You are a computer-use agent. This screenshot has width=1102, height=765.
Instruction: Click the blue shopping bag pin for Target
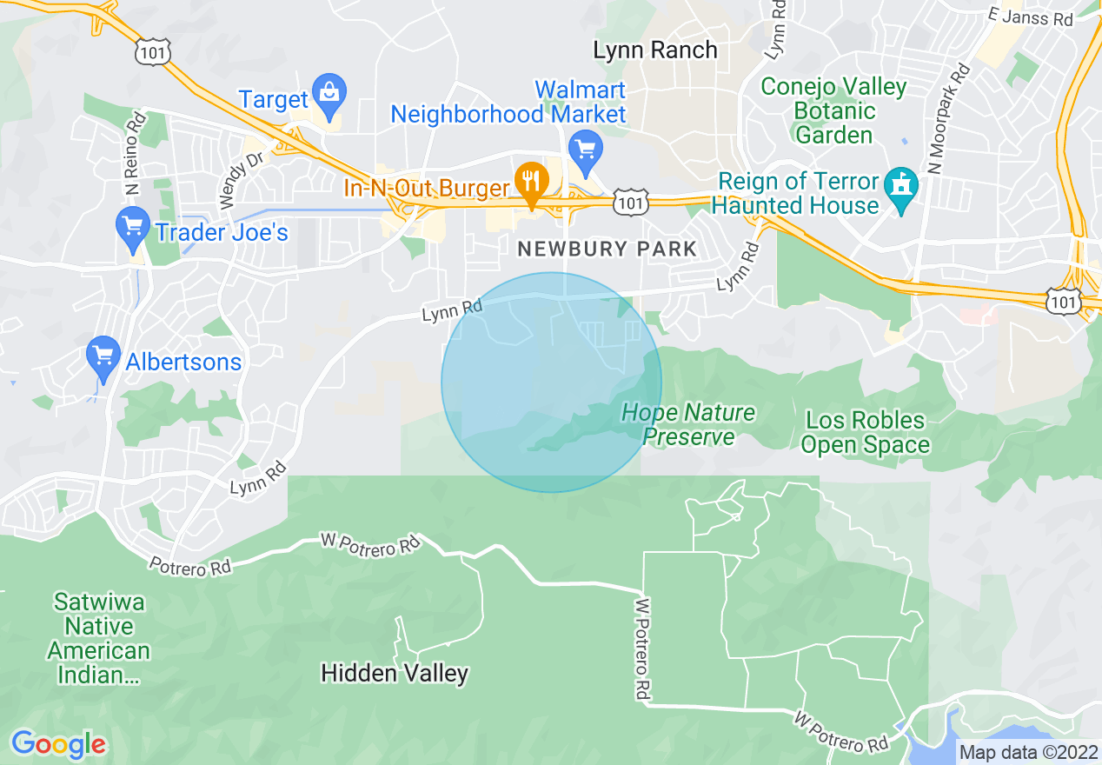tap(329, 96)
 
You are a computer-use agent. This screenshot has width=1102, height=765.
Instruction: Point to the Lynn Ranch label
tap(655, 50)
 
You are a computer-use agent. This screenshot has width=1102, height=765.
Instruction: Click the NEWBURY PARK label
tap(607, 249)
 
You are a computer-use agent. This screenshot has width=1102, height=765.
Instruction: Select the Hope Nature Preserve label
tap(689, 424)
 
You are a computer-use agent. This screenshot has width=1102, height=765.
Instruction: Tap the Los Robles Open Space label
tap(865, 433)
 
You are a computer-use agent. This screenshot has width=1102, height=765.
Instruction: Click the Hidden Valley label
tap(395, 673)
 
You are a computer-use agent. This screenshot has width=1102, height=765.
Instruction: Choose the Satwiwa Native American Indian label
tap(99, 638)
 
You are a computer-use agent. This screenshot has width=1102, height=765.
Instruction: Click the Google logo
tap(59, 744)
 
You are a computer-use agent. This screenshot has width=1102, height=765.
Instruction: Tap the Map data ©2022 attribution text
tap(1026, 752)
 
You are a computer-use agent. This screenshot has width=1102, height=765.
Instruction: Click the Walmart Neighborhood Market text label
tap(508, 103)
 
